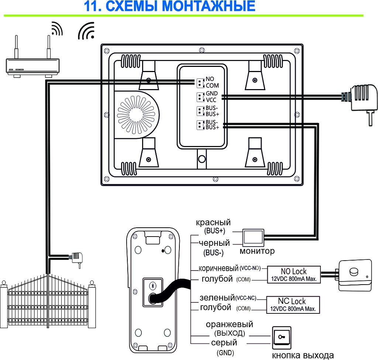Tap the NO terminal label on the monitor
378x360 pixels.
coord(210,79)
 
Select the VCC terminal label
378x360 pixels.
coord(212,99)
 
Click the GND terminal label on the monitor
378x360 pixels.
coord(212,94)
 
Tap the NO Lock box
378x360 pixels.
coord(293,275)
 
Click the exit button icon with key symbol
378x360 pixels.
coord(281,337)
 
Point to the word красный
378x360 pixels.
coord(213,223)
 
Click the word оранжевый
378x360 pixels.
coord(229,324)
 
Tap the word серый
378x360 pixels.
coord(224,343)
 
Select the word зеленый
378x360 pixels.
coord(217,297)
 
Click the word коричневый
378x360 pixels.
coord(219,268)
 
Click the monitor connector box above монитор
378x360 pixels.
coord(253,237)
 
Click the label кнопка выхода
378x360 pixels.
coord(303,355)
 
